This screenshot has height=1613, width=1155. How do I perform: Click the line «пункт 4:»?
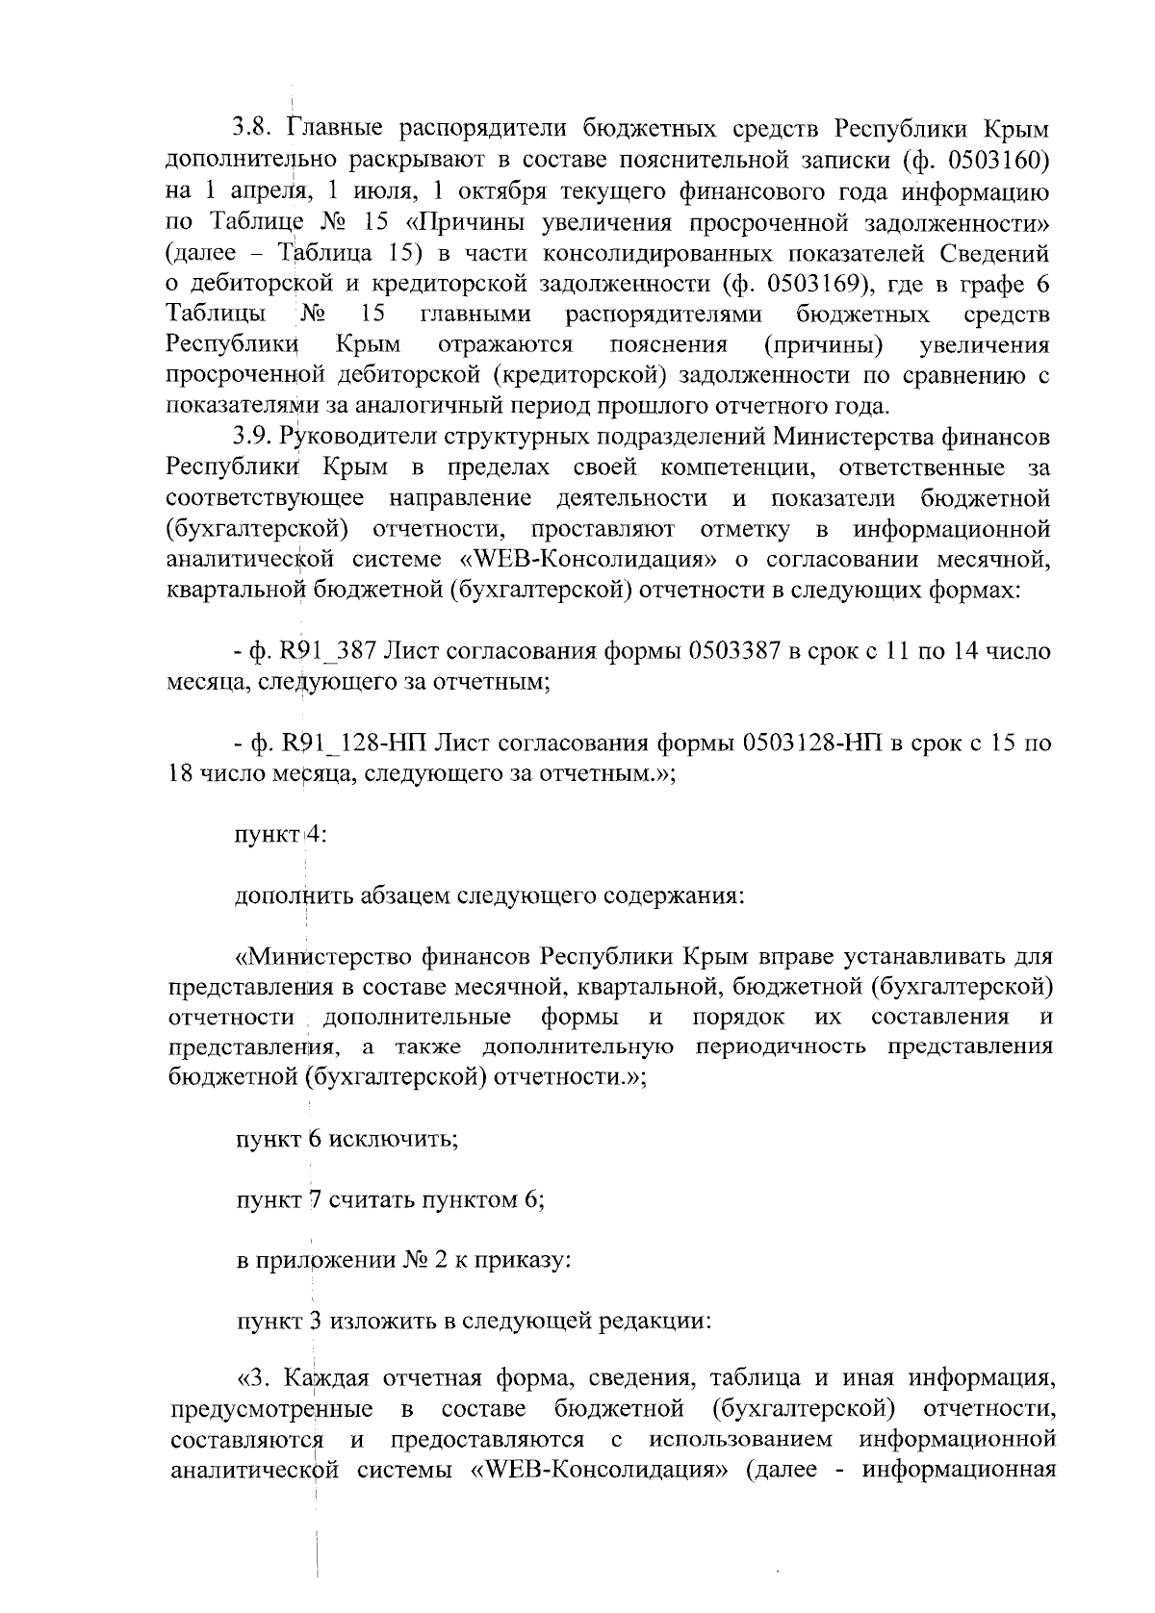282,835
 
